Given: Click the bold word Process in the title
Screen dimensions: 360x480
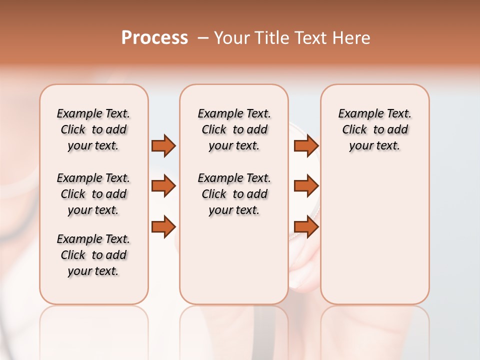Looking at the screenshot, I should pos(154,38).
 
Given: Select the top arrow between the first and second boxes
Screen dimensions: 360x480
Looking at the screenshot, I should pos(163,145).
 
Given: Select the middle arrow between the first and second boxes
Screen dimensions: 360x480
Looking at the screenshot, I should pos(163,186).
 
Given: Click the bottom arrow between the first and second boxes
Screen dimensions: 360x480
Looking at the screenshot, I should pos(163,226).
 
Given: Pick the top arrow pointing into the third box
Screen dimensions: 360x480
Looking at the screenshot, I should pos(306,145).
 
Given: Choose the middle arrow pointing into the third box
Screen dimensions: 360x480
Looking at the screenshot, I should pos(306,186).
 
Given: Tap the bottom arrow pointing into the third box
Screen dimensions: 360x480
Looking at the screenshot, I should pos(306,226).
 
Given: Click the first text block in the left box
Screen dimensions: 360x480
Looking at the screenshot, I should pos(93,129).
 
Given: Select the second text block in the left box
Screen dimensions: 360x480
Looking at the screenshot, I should pos(93,194).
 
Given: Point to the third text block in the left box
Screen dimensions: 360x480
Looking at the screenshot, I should pos(93,255).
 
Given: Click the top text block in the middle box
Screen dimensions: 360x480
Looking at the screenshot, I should pos(234,129).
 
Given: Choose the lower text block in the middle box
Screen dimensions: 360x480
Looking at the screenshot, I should pos(234,194).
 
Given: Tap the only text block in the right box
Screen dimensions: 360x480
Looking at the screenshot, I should pos(374,129).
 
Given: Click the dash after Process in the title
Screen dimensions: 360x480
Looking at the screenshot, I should pos(203,38).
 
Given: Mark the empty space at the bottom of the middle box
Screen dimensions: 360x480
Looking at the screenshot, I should pos(234,265).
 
